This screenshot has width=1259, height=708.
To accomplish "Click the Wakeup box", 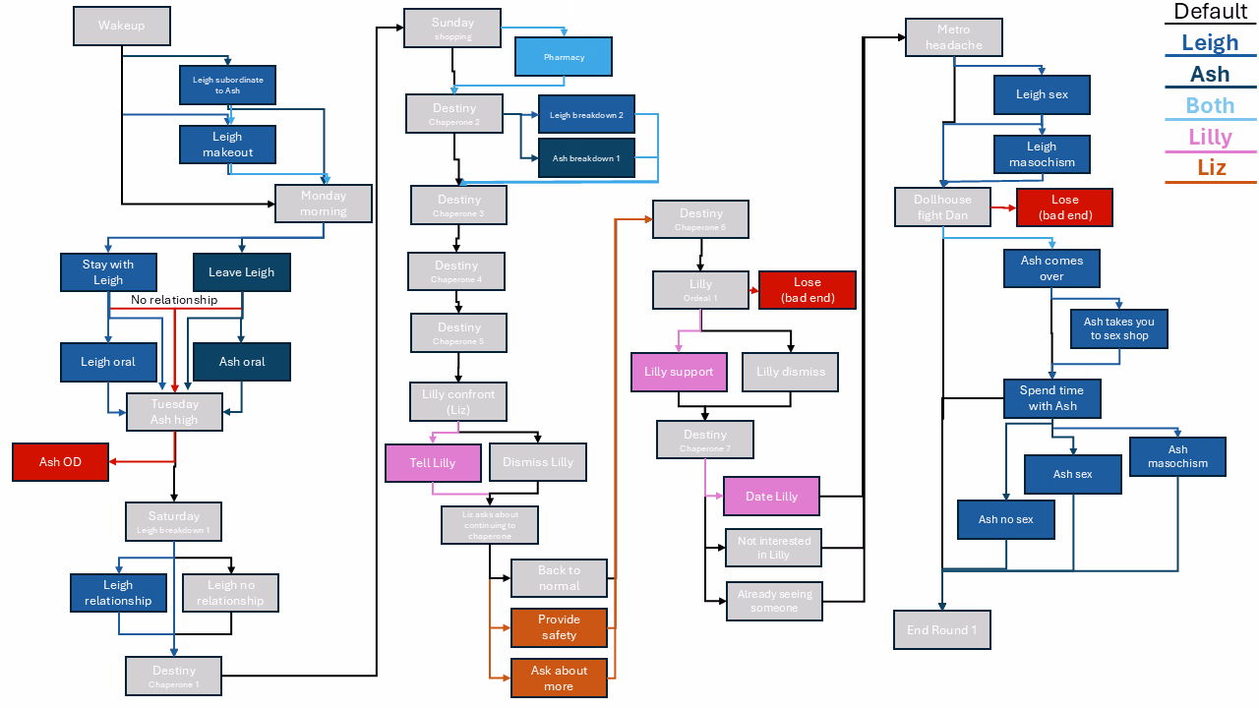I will pos(122,26).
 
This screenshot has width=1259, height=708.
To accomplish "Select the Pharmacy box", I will pos(564,57).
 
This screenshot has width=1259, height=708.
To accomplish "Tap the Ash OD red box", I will pos(60,462).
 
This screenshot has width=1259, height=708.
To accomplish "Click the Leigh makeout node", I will pos(227,145).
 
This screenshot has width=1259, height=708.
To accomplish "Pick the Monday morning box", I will pos(324,204).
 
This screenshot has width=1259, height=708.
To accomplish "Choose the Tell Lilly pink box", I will pos(433,462).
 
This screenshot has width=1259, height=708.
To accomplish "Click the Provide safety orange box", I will pos(559,627).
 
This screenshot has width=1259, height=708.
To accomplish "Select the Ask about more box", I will pos(559,678).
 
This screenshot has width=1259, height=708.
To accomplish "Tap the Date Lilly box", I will pos(771,497).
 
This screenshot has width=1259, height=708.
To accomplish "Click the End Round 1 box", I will pos(941,630).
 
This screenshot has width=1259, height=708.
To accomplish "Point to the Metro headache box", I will pos(953,37).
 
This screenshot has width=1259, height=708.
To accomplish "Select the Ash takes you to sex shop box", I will pos(1118,328).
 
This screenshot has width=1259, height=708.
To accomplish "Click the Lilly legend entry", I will pos(1210,137).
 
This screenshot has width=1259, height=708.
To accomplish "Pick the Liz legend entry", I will pos(1211,167).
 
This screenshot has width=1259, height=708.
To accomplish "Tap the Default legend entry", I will pos(1211,12).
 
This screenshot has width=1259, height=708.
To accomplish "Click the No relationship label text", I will pos(174,300).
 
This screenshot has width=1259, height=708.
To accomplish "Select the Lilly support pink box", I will pos(679,372).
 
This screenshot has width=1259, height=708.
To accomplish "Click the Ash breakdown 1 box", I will pos(586,158).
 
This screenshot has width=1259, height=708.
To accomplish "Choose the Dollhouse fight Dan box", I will pos(941,207).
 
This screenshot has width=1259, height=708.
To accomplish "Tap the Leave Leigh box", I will pos(241,272).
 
